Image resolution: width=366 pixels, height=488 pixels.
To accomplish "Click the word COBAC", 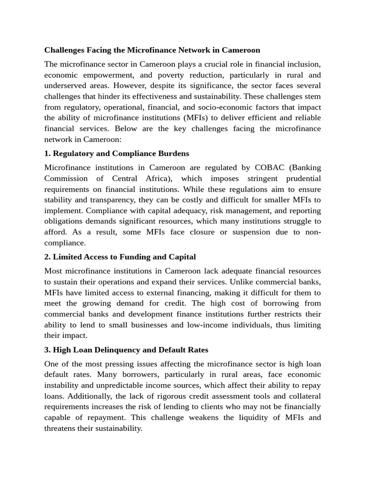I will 268,168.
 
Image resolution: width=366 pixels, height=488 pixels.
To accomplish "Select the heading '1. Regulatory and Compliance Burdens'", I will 116,153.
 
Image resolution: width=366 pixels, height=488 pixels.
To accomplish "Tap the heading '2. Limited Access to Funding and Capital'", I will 120,257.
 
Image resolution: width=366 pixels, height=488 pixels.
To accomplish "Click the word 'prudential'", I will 303,178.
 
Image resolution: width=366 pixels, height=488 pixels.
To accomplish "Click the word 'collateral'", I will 303,396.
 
